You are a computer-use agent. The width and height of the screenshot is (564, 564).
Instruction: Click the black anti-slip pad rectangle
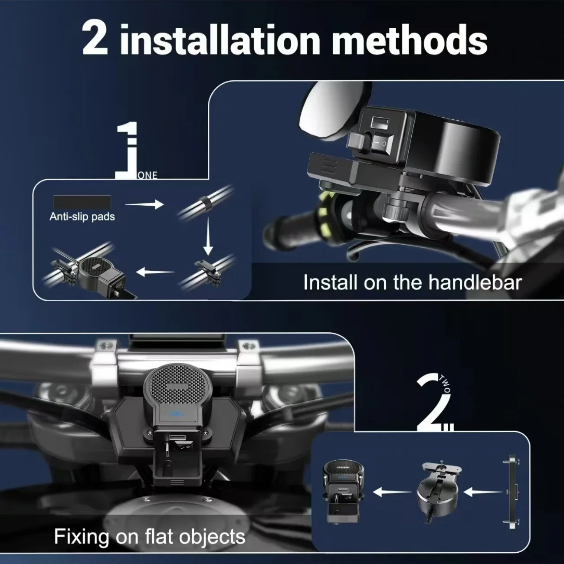coord(82,202)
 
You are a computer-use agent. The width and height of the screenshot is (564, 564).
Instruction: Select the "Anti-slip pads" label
coord(82,217)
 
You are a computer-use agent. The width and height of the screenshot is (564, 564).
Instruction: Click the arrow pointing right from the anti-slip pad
coord(144,204)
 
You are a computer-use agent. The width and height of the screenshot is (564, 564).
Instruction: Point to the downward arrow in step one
coord(208,236)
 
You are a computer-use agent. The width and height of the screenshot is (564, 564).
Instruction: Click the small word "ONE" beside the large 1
coord(147,175)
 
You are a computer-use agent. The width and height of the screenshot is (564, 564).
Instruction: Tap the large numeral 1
coord(127,150)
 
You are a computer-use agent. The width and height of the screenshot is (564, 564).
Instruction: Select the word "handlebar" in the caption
coord(475,282)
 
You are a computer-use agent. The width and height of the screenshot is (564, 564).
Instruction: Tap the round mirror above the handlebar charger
coord(334,110)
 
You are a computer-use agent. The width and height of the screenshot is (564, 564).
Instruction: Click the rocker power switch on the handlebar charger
coord(379,144)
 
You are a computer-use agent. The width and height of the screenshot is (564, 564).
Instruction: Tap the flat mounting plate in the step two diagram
coord(512,492)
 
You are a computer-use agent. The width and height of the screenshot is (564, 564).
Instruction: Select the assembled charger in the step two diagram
coord(343,491)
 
